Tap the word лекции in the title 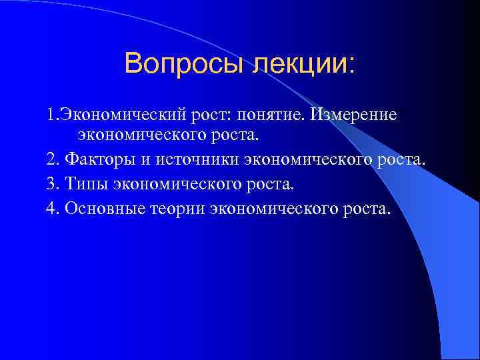(301, 64)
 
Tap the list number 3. (52, 185)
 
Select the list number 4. (52, 208)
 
